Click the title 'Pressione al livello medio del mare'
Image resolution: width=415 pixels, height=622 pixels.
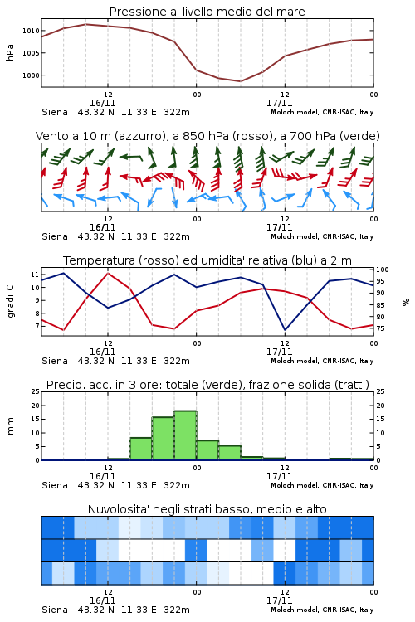click(x=207, y=12)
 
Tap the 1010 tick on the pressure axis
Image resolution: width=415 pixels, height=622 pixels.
click(x=31, y=31)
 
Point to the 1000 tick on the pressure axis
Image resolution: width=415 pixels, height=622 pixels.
click(x=31, y=75)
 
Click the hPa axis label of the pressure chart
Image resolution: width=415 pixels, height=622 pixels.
click(x=10, y=52)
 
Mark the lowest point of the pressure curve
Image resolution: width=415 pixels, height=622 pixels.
click(x=240, y=81)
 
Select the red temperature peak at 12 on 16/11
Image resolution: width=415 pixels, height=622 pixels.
click(x=108, y=273)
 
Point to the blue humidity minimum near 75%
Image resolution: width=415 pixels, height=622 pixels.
click(x=285, y=330)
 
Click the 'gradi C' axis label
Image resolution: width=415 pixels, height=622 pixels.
click(x=10, y=302)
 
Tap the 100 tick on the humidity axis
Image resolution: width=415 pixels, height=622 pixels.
click(x=383, y=270)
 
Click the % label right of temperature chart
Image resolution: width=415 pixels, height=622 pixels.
click(x=406, y=302)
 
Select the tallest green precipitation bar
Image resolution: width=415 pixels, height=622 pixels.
click(x=185, y=435)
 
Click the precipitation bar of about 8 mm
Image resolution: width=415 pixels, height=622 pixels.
click(x=141, y=449)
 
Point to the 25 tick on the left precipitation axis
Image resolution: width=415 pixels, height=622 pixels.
click(x=35, y=391)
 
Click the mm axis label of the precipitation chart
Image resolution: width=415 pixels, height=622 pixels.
click(x=10, y=426)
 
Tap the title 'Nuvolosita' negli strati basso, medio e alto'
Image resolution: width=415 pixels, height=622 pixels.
click(x=207, y=509)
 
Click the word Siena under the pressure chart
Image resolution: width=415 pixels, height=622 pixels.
click(x=55, y=112)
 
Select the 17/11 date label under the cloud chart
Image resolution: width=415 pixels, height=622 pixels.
click(x=279, y=600)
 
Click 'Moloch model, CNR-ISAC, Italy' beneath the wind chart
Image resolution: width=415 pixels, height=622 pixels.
click(x=322, y=236)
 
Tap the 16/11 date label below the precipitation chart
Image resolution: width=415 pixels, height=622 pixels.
click(x=102, y=476)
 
